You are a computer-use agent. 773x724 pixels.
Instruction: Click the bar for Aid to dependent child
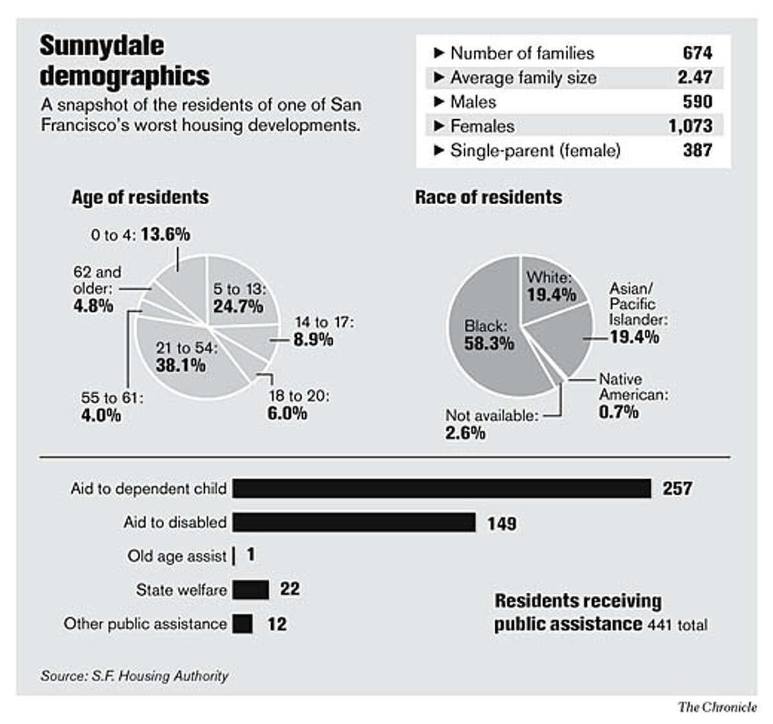click(441, 488)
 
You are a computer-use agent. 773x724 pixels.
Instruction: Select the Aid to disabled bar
click(354, 522)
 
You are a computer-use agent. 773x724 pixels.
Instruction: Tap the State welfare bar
click(251, 589)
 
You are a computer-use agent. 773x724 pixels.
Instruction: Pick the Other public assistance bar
click(242, 624)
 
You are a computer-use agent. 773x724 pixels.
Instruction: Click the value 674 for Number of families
click(697, 53)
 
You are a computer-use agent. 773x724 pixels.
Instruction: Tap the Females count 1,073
click(690, 126)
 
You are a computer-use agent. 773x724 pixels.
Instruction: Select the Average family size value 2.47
click(694, 77)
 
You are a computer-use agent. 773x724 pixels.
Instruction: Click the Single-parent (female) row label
click(535, 151)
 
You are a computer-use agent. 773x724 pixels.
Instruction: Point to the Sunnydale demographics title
click(124, 61)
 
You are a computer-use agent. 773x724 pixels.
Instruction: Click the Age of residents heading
click(140, 197)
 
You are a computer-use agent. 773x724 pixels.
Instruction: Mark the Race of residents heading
click(488, 197)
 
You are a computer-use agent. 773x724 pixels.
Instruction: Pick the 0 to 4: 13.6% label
click(140, 234)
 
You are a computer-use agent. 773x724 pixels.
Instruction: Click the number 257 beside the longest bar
click(677, 488)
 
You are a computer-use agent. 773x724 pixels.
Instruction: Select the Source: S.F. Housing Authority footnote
click(135, 676)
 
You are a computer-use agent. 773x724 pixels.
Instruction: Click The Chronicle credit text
click(717, 707)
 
